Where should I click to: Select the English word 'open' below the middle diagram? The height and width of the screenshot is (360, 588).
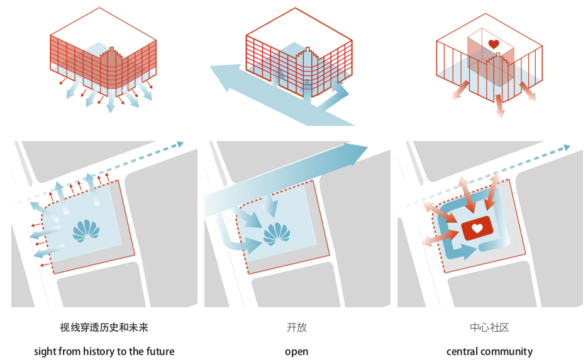(297, 352)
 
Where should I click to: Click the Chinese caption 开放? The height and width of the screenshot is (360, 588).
(297, 328)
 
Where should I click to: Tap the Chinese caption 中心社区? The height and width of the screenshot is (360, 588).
(489, 328)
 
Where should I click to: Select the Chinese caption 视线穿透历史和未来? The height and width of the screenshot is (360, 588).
(104, 328)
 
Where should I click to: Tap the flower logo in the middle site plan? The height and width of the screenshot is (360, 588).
(277, 233)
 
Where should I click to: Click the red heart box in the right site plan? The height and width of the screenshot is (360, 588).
(477, 228)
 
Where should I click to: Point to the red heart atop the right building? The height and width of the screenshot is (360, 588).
(494, 44)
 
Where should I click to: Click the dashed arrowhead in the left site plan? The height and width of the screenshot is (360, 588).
(180, 145)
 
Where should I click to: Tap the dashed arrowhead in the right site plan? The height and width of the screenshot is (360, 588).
(567, 147)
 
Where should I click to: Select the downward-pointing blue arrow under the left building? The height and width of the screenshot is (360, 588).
(111, 106)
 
